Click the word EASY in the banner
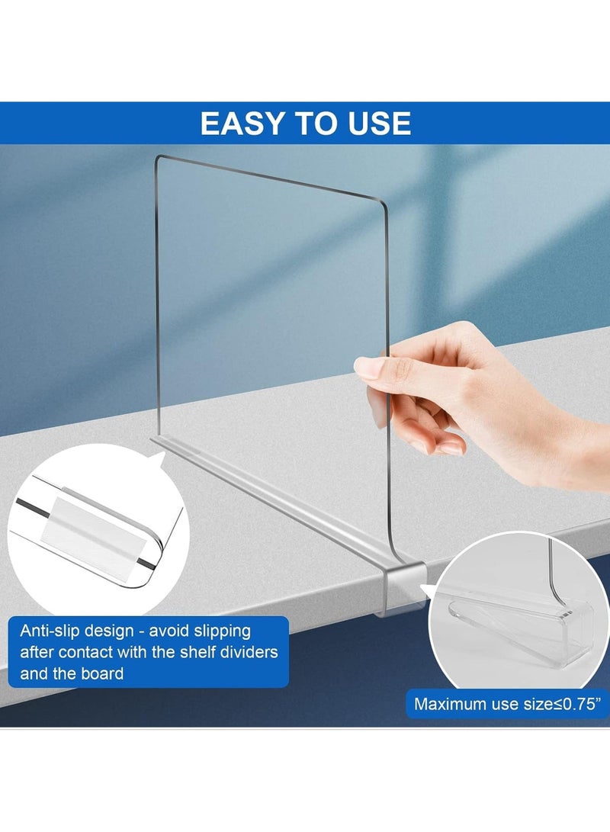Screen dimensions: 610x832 coord(242,123)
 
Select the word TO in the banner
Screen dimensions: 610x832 coord(315,123)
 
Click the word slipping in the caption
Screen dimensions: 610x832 coord(222,631)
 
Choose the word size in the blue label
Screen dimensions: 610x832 coord(537,704)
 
